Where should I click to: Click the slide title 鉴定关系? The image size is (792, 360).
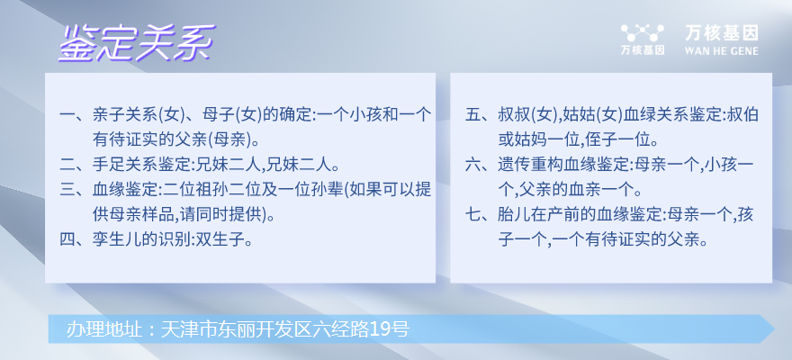[137, 43]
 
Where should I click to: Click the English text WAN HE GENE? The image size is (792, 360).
[721, 51]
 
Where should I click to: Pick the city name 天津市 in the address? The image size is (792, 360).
[185, 329]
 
